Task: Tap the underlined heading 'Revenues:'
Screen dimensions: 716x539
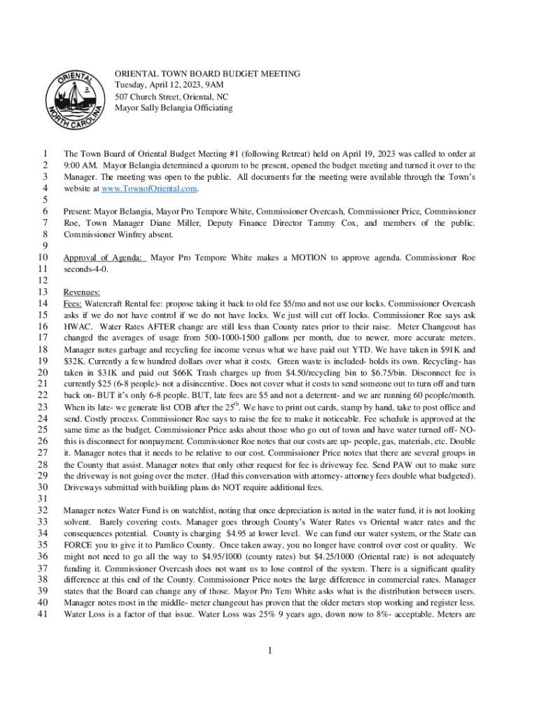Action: tap(81, 292)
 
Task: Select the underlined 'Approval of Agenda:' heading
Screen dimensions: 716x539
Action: tap(104, 257)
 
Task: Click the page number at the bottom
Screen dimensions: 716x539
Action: tap(269, 652)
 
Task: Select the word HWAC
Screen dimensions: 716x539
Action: tap(77, 326)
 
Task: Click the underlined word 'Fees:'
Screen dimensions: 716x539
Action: tap(73, 303)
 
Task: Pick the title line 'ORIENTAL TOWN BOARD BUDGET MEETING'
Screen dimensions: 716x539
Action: tap(207, 73)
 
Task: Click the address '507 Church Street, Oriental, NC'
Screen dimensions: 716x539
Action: tap(171, 96)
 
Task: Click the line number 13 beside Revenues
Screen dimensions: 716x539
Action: tap(44, 292)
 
